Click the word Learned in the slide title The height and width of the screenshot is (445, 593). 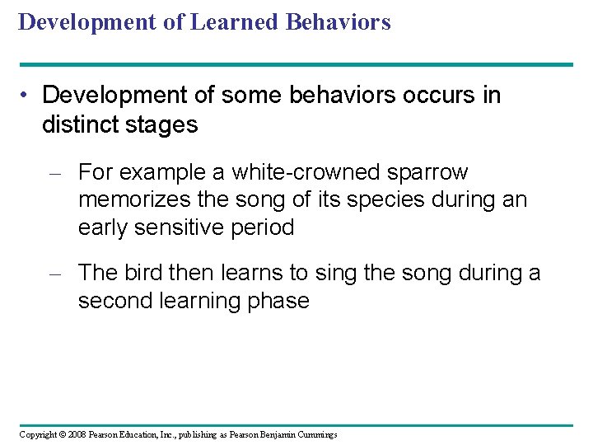point(234,22)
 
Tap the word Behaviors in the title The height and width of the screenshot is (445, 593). point(338,22)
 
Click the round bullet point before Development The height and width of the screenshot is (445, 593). point(27,96)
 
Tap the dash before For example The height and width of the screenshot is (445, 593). point(54,174)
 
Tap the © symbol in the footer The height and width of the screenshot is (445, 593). point(60,434)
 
